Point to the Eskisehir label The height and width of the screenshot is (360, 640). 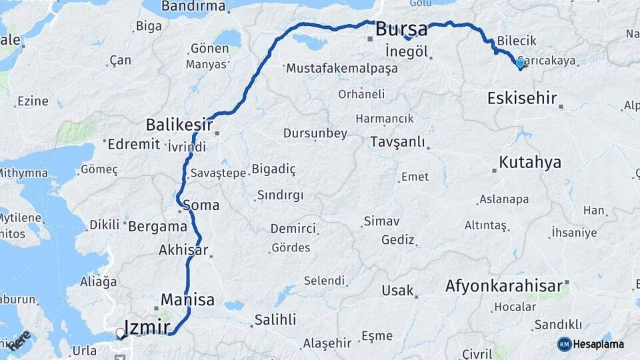point(521,99)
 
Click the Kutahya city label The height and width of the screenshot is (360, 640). point(529,162)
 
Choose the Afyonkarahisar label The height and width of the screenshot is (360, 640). point(504,286)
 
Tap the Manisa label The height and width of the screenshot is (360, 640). point(187,299)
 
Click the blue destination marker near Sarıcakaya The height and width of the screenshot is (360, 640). point(520,63)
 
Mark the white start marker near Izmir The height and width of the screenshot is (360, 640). point(120,333)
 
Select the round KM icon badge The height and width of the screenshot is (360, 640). point(564,344)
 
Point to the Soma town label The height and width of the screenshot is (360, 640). point(200,205)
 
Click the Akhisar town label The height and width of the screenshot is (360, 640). point(183,251)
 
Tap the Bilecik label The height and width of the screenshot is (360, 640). point(517,41)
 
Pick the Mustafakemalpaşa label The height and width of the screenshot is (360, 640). point(341,68)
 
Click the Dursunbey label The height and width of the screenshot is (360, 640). point(315,133)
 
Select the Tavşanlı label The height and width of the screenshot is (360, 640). point(397,142)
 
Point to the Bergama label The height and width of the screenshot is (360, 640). point(157,225)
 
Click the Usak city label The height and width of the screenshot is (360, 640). point(397,291)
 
